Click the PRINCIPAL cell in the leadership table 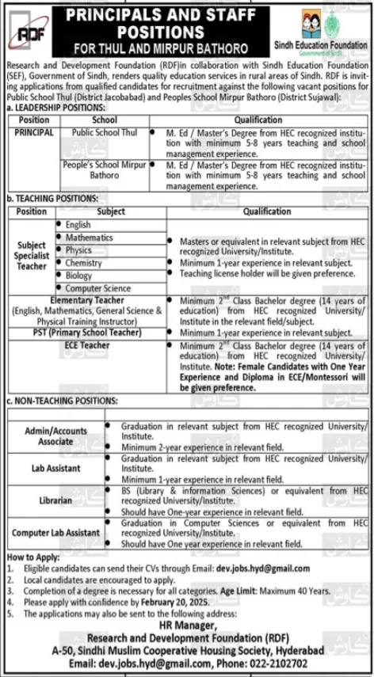[x=33, y=132]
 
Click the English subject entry [x=78, y=225]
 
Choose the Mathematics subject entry [x=89, y=238]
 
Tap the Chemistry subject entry [x=83, y=263]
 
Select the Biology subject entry [x=79, y=276]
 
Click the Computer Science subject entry [x=98, y=289]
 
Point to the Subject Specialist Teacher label [x=32, y=256]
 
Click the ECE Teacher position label [x=86, y=345]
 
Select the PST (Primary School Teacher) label [x=86, y=333]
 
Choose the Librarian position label [x=55, y=501]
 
